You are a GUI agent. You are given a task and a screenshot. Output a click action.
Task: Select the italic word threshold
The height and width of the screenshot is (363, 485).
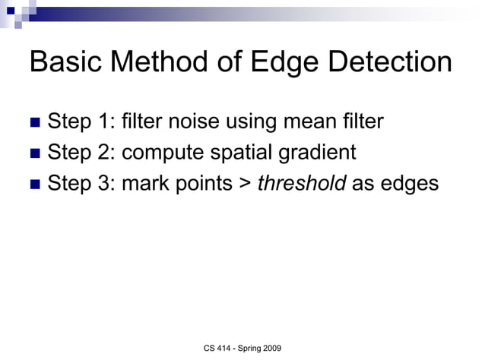[x=301, y=184]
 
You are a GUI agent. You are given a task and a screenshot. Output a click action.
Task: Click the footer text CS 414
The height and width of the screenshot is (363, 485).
[x=218, y=348]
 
